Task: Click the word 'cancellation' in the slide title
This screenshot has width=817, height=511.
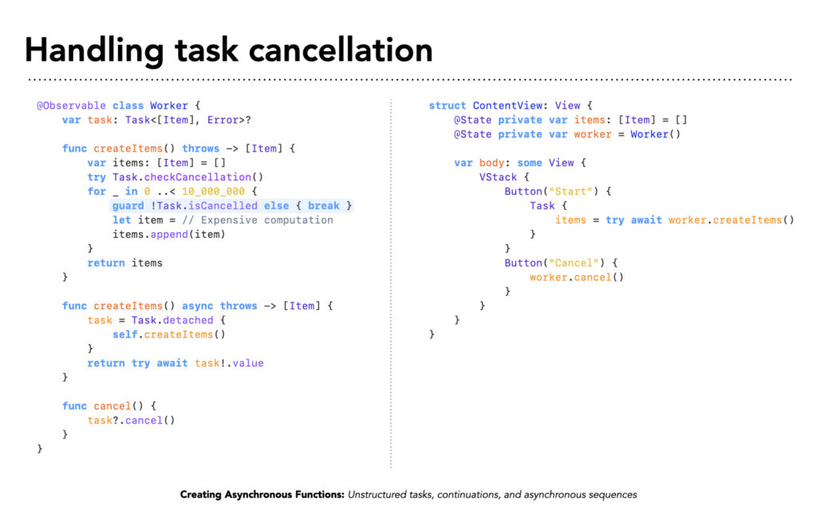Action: (341, 50)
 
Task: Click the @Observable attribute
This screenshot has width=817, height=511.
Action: (71, 106)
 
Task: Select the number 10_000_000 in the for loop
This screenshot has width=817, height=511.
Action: (213, 192)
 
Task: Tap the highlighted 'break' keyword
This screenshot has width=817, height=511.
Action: (324, 206)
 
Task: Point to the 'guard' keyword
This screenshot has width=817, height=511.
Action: (128, 206)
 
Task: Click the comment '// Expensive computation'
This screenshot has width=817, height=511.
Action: (258, 220)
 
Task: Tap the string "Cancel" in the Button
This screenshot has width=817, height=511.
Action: (574, 263)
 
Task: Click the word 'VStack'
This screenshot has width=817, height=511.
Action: (498, 177)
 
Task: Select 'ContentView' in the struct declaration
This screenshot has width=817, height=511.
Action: (507, 106)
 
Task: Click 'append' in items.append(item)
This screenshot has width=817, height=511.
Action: (169, 235)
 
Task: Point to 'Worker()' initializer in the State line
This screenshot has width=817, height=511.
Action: (656, 134)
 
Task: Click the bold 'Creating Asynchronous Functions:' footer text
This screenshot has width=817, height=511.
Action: (262, 495)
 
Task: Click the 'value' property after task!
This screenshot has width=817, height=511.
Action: (248, 363)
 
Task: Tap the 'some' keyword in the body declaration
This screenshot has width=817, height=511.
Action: (530, 163)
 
